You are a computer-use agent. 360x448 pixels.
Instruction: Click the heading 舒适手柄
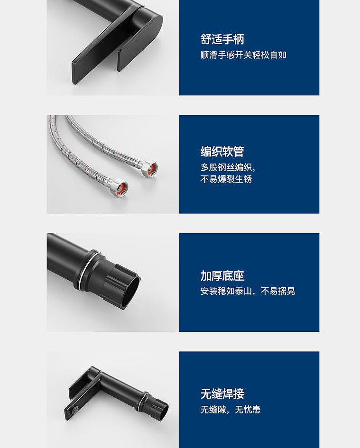coord(222,39)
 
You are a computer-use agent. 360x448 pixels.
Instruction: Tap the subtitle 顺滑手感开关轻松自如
coord(243,55)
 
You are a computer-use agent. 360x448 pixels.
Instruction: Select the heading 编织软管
coord(222,152)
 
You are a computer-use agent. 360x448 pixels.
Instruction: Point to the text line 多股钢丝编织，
coord(228,167)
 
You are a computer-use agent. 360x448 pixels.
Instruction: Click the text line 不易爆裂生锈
coord(226,179)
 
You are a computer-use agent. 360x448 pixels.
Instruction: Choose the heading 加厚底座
coord(222,276)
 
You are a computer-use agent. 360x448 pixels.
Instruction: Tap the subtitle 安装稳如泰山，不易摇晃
coord(248,291)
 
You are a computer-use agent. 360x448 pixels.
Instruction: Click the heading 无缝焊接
coord(222,394)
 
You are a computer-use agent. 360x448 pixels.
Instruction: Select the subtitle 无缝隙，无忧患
coord(231,410)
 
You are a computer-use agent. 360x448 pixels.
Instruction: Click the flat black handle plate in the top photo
coord(102,52)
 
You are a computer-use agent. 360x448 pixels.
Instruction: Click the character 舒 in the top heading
coord(206,39)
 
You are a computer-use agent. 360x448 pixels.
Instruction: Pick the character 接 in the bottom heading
coord(239,394)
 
